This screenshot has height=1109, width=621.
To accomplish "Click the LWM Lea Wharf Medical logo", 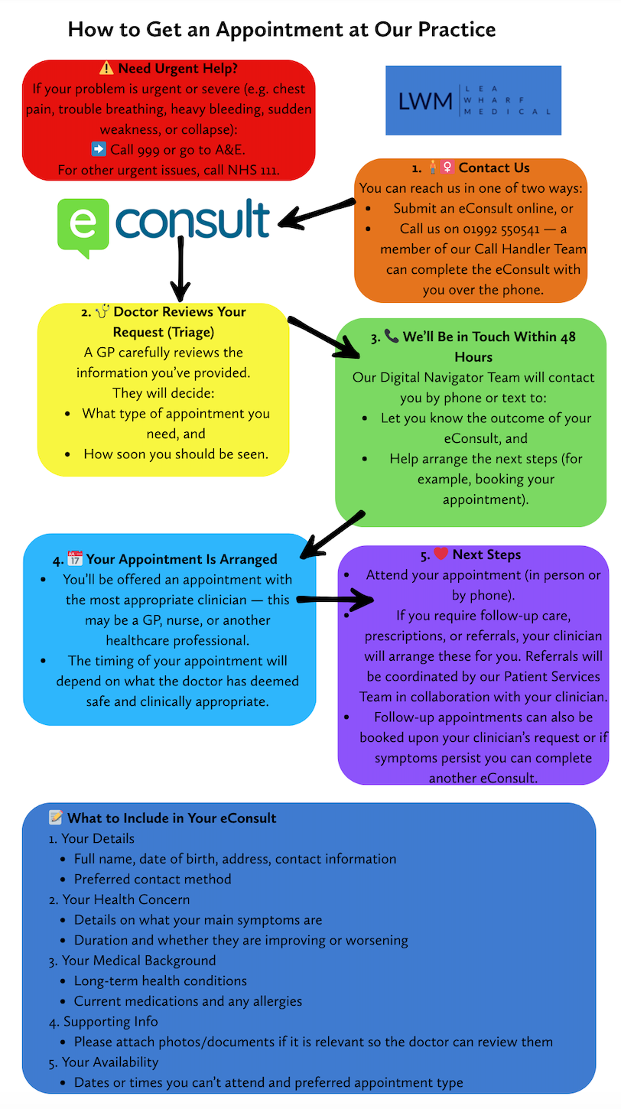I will pos(473,100).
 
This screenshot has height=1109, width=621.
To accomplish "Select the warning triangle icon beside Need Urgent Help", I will pos(106,69).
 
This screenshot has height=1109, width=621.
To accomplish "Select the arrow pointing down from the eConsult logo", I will pos(180,268).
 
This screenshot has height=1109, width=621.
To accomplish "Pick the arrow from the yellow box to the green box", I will pos(325,336).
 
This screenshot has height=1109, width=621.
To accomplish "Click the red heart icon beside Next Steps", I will pos(441,554).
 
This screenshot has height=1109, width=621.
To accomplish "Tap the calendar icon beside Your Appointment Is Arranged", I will pos(75,558).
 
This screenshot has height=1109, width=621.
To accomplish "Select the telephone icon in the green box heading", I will pos(392,336).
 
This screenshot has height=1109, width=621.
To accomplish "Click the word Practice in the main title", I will pos(450,30).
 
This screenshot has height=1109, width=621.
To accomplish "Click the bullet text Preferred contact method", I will pos(152,879).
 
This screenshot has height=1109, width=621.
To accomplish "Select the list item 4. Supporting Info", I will pos(105,1021).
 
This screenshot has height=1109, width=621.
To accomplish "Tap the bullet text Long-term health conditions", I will pos(160,981).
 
